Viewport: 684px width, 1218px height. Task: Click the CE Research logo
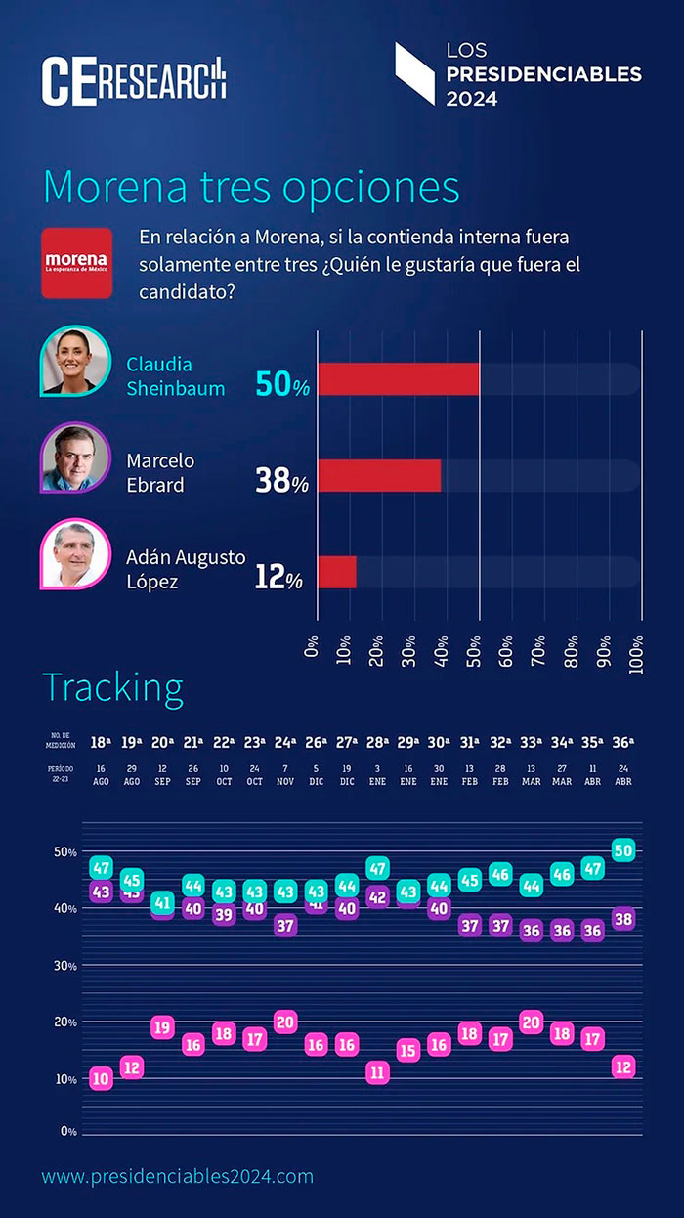(x=134, y=81)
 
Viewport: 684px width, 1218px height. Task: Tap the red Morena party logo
(x=76, y=263)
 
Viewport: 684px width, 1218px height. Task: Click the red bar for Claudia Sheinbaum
(x=399, y=379)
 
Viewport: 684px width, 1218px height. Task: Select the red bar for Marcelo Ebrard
(x=379, y=475)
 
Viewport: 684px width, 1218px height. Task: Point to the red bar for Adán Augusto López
(x=337, y=572)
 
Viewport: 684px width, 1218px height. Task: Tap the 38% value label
(x=281, y=480)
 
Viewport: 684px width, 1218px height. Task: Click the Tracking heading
(x=112, y=688)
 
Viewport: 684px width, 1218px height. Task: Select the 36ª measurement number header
(x=622, y=742)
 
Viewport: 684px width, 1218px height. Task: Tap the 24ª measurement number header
(x=285, y=742)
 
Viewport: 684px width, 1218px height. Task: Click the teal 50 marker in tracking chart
(x=622, y=850)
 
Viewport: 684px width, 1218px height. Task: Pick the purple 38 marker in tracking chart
(x=622, y=918)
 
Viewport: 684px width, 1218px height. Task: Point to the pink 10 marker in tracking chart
(x=101, y=1078)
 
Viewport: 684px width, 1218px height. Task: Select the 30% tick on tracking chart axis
(x=65, y=966)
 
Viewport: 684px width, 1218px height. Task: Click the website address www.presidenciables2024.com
(x=177, y=1176)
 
